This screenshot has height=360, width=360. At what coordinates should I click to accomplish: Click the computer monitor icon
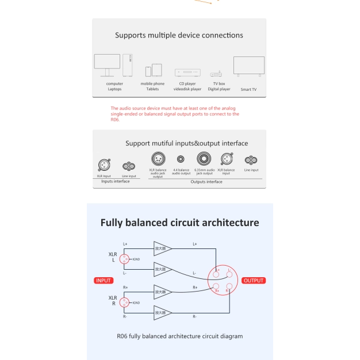[x=107, y=65]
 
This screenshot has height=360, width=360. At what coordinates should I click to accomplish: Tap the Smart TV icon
[x=248, y=66]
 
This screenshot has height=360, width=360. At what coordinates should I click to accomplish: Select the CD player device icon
[x=187, y=73]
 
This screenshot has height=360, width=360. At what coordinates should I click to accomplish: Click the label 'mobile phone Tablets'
[x=152, y=86]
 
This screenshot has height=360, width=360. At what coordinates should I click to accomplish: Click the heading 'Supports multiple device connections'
[x=179, y=35]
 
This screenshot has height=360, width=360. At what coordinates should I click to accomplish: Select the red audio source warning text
[x=174, y=114]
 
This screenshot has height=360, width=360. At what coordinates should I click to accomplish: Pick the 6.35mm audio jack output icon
[x=204, y=159]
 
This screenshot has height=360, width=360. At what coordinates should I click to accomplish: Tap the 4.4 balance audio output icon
[x=181, y=159]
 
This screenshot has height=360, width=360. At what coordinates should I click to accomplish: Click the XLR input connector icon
[x=104, y=165]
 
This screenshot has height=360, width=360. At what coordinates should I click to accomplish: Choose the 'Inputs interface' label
[x=116, y=181]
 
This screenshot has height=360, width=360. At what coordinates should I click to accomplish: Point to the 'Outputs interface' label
[x=206, y=182]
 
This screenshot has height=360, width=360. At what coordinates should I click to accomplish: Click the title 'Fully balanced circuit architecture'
[x=179, y=223]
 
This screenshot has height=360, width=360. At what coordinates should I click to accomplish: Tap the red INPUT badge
[x=104, y=281]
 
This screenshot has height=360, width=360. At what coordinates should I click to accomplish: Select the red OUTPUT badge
[x=253, y=281]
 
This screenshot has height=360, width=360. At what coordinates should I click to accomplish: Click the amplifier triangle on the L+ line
[x=162, y=248]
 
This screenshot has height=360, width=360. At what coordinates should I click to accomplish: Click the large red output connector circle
[x=223, y=280]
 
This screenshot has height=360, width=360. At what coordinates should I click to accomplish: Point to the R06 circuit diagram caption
[x=179, y=336]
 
